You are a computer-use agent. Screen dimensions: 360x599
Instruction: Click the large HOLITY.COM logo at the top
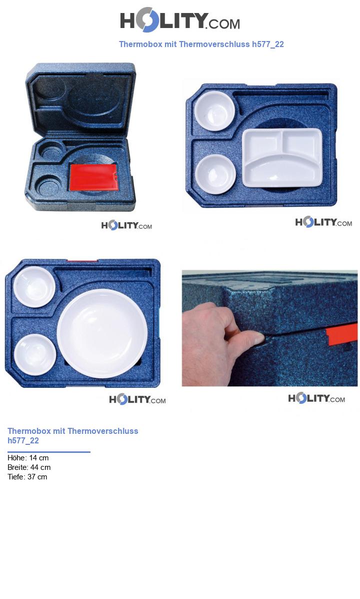[x=180, y=20]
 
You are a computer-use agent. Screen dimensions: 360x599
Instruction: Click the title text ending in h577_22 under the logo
[x=201, y=44]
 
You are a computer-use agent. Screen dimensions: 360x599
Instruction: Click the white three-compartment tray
[x=282, y=158]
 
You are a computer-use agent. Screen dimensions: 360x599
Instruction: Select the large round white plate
[x=102, y=333]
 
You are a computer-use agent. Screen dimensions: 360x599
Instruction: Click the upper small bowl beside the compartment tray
[x=214, y=111]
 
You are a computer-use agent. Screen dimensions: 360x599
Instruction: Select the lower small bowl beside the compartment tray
[x=215, y=174]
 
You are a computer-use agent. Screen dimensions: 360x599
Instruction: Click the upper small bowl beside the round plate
[x=34, y=287]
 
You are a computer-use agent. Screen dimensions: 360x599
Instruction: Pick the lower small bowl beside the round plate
[x=35, y=354]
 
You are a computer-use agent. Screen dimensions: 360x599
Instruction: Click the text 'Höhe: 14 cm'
[x=28, y=458]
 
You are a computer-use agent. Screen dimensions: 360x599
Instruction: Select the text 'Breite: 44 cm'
[x=29, y=467]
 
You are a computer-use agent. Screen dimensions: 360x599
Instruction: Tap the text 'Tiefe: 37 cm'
[x=27, y=477]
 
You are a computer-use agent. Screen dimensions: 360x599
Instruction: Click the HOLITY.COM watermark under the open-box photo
[x=126, y=225]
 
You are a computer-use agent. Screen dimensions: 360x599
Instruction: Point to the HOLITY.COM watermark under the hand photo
[x=316, y=398]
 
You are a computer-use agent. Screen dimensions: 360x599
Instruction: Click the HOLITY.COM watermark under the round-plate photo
[x=137, y=400]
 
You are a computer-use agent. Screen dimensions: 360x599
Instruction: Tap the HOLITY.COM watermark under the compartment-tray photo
[x=323, y=222]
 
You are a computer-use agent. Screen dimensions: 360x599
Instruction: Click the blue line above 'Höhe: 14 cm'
[x=49, y=452]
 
